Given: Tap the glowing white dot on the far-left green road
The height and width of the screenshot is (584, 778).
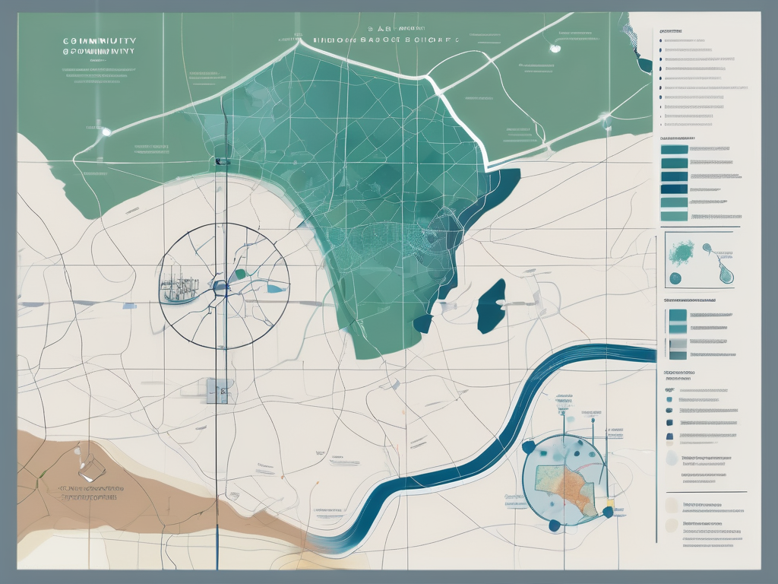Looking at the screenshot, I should click(x=106, y=132).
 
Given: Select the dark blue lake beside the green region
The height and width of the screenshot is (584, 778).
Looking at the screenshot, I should click(x=492, y=305).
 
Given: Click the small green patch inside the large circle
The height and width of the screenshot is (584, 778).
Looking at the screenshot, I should click(x=240, y=273).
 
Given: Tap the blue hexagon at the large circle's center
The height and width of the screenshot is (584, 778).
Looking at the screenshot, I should click(x=220, y=287).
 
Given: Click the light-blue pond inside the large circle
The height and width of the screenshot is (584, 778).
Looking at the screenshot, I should click(x=277, y=288).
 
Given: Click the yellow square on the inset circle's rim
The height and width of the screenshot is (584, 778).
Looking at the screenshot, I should click(x=608, y=503).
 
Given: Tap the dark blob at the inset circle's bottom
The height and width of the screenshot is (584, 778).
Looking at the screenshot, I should click(x=554, y=524).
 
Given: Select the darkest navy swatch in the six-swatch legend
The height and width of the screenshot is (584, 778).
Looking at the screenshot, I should click(x=674, y=189).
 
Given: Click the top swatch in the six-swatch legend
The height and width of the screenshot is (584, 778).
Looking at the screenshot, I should click(x=674, y=149).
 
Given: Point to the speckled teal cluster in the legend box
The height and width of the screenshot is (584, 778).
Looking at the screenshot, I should click(x=681, y=250).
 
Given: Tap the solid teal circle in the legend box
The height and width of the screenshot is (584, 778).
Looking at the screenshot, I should click(x=675, y=278).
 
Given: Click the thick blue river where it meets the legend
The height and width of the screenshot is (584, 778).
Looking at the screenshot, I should click(x=646, y=354).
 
